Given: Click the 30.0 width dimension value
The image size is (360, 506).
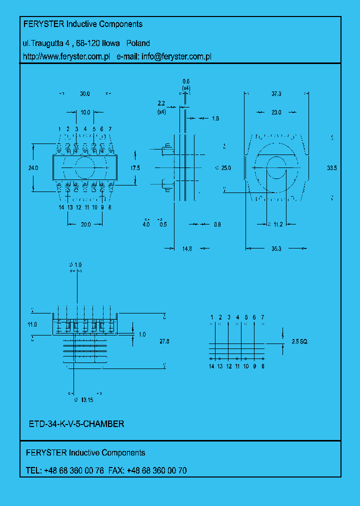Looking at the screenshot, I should tap(84, 94).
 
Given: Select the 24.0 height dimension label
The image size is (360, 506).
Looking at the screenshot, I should tap(33, 168).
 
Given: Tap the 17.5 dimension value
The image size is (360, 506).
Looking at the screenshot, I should tap(135, 168).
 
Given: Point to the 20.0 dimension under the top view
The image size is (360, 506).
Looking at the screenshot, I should tap(85, 224).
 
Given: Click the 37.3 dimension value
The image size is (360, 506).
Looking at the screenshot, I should tap(276, 94).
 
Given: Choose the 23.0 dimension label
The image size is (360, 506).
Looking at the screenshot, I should tap(276, 112).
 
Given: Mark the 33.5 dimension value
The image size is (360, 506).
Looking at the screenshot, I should tap(331, 168).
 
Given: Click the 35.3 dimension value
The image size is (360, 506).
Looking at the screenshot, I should tap(276, 248).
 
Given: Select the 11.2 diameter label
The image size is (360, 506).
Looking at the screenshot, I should tap(278, 224).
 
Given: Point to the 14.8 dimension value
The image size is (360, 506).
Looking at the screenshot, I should tap(187, 248).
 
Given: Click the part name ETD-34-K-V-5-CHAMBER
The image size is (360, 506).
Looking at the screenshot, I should tap(76, 424).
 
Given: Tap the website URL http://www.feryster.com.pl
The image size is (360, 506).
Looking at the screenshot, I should tap(66, 57).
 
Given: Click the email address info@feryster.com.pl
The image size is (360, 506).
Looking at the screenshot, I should tap(176, 57).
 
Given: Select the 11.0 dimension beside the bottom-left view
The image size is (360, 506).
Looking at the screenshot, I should tap(32, 324).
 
